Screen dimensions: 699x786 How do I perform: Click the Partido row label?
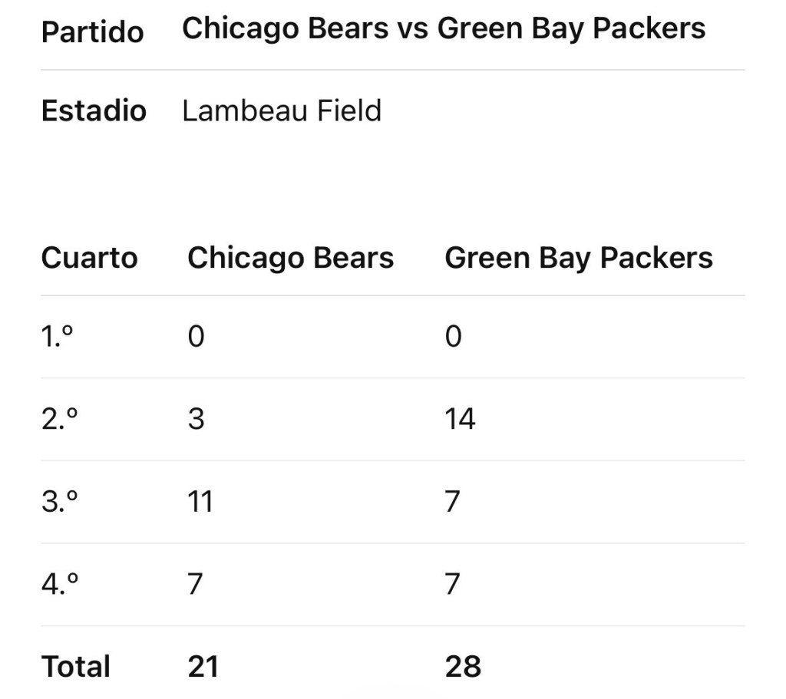[x=92, y=32]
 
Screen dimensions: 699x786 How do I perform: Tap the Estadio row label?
[x=94, y=111]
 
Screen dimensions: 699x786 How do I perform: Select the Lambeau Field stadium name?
[x=282, y=111]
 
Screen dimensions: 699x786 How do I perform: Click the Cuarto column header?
[x=89, y=258]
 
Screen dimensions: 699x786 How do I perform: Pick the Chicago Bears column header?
[x=290, y=258]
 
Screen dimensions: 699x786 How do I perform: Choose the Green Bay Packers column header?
[x=579, y=258]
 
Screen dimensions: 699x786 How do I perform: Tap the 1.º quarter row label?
[x=58, y=336]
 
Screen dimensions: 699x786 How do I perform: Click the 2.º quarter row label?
[x=59, y=419]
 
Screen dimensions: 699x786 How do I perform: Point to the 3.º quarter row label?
[x=59, y=502]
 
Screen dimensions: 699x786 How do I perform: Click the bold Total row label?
[x=76, y=666]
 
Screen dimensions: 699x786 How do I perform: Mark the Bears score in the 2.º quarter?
[x=196, y=419]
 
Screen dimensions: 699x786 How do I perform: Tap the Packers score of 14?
[x=460, y=419]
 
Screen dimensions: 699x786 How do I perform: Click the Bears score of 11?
[x=200, y=502]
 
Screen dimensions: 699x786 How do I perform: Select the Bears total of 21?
[x=203, y=666]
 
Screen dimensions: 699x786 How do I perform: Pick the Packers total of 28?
[x=463, y=666]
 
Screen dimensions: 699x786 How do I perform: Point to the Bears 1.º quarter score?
[x=196, y=336]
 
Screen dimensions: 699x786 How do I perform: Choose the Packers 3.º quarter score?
[x=453, y=502]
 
